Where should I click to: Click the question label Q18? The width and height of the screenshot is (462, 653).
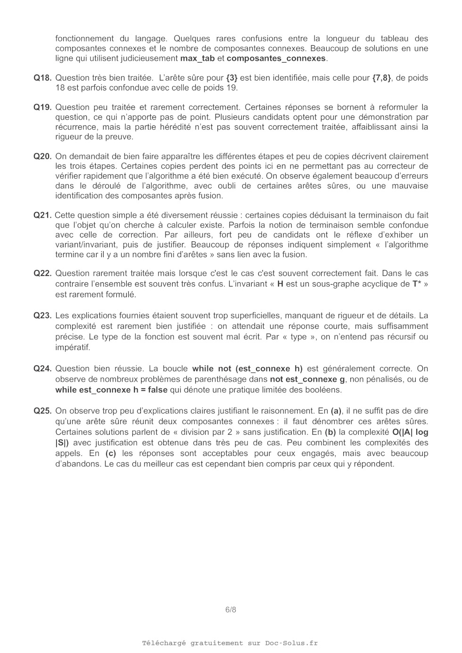[x=42, y=78]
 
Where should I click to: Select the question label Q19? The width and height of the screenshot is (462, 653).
[x=42, y=107]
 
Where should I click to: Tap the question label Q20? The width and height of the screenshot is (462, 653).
[x=42, y=156]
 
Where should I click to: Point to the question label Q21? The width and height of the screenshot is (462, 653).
[x=42, y=215]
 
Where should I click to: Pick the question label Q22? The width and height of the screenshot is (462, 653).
[x=42, y=273]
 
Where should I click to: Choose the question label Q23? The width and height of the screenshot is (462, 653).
[x=42, y=316]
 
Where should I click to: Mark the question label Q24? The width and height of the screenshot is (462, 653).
[x=42, y=369]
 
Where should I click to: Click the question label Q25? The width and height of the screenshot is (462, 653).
[x=42, y=411]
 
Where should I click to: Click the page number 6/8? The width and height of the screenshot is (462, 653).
[x=231, y=610]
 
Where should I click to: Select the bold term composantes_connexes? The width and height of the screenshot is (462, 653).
[x=276, y=58]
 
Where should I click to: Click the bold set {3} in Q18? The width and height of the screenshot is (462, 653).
[x=232, y=78]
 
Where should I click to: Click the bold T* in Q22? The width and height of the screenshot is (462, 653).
[x=416, y=284]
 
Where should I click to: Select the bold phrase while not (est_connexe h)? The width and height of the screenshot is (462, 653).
[x=247, y=369]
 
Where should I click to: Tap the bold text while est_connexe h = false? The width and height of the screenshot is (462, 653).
[x=111, y=390]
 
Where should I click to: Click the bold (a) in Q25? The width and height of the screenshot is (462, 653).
[x=336, y=411]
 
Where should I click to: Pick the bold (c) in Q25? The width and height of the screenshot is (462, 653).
[x=110, y=453]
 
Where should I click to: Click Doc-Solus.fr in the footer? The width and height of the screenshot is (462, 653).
[x=291, y=643]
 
